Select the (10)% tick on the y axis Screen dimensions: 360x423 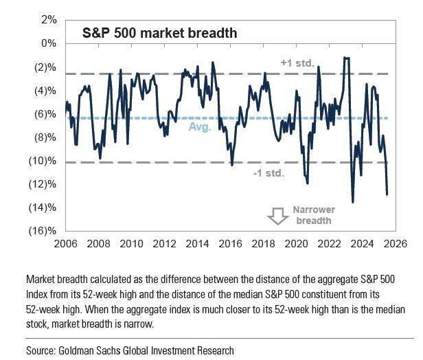pos(44,161)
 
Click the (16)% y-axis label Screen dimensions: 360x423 pos(44,232)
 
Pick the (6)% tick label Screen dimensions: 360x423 pos(46,114)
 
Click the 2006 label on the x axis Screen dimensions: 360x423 pos(66,244)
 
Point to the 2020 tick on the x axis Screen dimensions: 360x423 pos(296,244)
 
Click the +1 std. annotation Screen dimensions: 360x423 pos(297,63)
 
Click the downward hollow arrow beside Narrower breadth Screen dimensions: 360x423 pos(278,216)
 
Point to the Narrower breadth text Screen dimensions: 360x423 pos(314,215)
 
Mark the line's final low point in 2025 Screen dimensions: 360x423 pos(387,194)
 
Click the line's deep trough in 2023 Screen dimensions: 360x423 pos(353,202)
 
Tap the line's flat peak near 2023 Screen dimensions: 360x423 pos(347,58)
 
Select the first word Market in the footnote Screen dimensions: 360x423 pos(43,280)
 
